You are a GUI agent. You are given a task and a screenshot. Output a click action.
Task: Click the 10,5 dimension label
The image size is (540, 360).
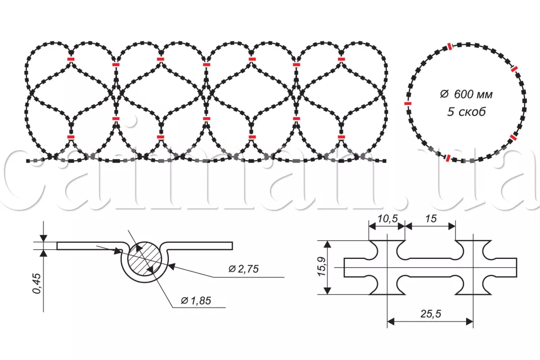[387, 218]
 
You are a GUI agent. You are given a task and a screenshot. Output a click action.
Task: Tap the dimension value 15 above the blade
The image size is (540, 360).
[431, 218]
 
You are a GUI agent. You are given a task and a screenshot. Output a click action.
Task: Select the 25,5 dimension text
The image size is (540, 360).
[430, 313]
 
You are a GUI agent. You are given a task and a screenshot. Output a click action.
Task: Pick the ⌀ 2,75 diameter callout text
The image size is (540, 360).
[244, 268]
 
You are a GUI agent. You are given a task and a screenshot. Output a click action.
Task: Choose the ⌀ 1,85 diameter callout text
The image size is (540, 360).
[196, 300]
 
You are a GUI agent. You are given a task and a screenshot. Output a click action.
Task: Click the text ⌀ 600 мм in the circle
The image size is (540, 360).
[466, 94]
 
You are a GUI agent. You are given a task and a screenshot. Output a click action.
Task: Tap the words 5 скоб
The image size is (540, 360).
[466, 112]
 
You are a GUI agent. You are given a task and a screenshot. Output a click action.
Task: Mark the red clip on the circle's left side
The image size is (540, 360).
[408, 103]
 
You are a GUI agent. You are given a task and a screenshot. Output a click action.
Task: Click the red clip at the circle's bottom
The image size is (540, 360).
[447, 158]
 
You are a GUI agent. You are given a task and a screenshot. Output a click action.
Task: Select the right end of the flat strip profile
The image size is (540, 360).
[233, 246]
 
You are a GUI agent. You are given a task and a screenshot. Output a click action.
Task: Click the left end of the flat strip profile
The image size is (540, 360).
[57, 246]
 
